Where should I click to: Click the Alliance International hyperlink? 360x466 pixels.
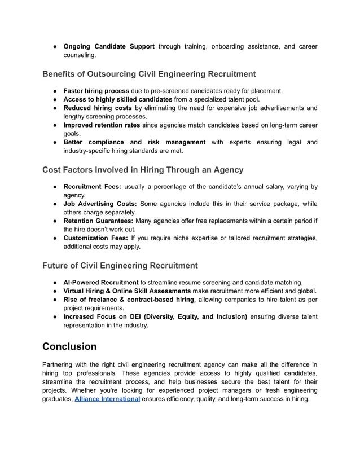click(x=107, y=399)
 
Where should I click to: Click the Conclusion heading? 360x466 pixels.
click(x=69, y=346)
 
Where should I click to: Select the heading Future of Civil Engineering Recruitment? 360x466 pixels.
click(x=120, y=265)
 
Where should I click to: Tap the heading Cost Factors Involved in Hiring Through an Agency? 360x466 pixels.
click(x=143, y=169)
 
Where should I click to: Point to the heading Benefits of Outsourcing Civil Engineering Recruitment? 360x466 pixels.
click(x=149, y=74)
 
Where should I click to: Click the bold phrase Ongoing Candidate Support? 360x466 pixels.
click(x=108, y=46)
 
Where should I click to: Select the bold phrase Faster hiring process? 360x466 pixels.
click(x=96, y=91)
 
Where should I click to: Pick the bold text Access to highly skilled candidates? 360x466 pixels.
click(x=117, y=99)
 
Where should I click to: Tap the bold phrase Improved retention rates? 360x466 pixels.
click(x=104, y=125)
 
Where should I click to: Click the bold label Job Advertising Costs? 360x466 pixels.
click(x=100, y=204)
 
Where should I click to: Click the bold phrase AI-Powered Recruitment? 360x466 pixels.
click(x=100, y=282)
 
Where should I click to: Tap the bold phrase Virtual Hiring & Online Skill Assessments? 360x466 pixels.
click(x=126, y=291)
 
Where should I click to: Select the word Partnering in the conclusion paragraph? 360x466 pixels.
click(x=59, y=365)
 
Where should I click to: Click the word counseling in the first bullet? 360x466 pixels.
click(x=80, y=55)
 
